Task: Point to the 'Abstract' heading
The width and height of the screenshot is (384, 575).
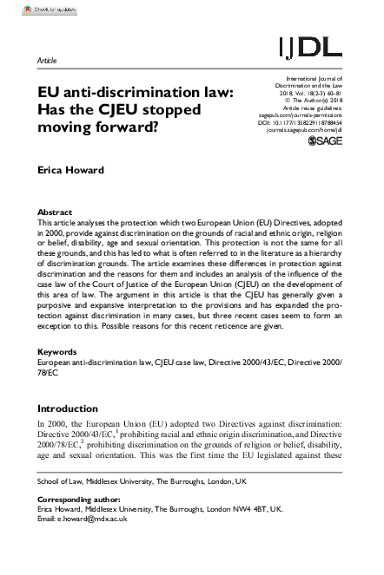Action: (x=56, y=212)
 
